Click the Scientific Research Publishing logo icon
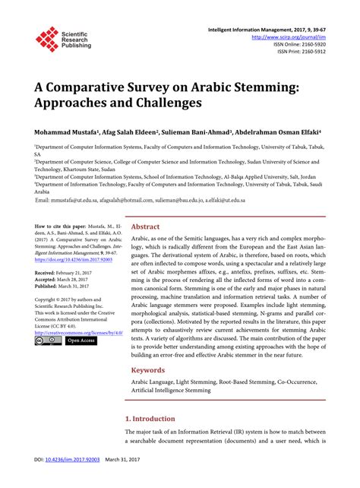[x=46, y=39]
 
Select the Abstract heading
[x=145, y=227]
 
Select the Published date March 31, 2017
[x=66, y=287]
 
